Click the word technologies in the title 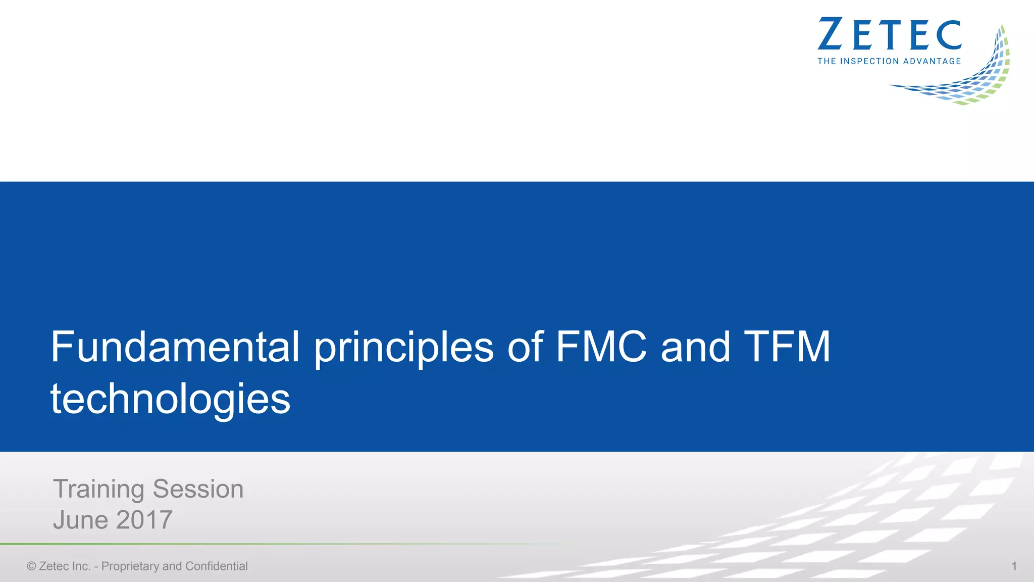click(x=171, y=399)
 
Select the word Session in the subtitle click(x=198, y=489)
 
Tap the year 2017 click(x=144, y=520)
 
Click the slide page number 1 click(x=1014, y=566)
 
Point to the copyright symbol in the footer click(x=31, y=566)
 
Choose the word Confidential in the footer click(x=217, y=566)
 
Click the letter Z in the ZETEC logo click(x=830, y=34)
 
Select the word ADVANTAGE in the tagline click(x=932, y=61)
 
